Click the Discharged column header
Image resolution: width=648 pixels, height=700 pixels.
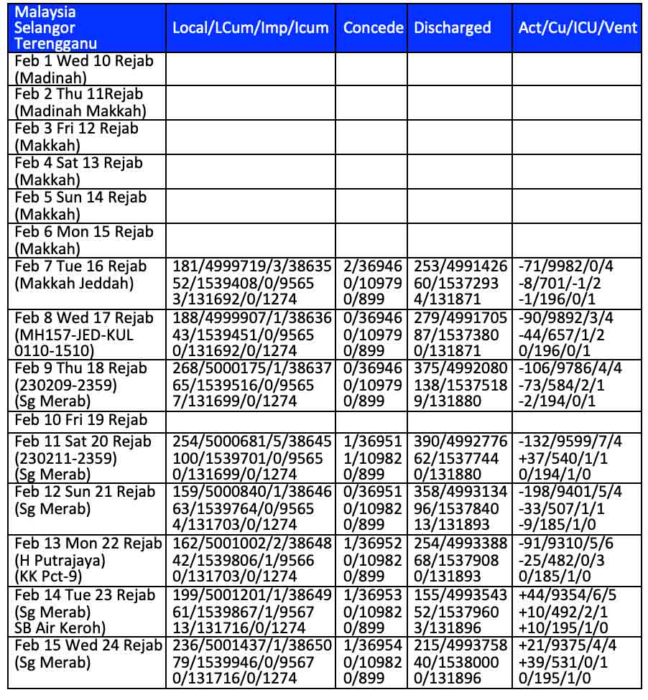coord(453,28)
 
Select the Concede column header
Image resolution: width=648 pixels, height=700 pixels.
coord(373,28)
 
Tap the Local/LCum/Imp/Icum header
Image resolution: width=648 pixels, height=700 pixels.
coord(251,28)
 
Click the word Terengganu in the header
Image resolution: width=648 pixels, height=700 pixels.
coord(56,44)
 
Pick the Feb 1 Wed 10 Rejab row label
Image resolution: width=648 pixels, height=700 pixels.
coord(84,61)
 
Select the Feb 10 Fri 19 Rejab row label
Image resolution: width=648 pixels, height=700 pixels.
coord(80,419)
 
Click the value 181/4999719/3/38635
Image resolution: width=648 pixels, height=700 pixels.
coord(252,267)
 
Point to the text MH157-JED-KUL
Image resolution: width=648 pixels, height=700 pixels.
coord(74,335)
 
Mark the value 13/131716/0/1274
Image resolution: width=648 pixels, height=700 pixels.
coord(234,629)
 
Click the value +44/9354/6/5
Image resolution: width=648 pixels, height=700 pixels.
coord(567,595)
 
